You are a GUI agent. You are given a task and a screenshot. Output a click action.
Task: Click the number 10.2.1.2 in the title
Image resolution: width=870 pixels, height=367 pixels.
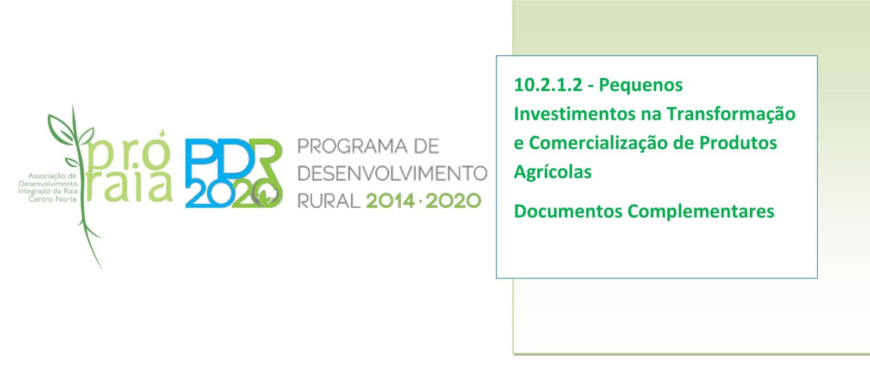(x=548, y=85)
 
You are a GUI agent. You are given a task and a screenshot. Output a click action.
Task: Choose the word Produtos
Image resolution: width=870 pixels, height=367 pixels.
(x=738, y=143)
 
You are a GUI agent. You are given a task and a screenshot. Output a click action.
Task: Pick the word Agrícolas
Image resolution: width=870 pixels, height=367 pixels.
(x=552, y=172)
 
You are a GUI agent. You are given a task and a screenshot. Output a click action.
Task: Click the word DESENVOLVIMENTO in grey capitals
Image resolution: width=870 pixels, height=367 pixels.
(x=392, y=173)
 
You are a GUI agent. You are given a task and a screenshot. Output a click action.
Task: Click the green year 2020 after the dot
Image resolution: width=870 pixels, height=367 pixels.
(x=453, y=201)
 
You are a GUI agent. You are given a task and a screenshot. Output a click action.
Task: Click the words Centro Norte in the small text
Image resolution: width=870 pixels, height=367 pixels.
(x=53, y=199)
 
